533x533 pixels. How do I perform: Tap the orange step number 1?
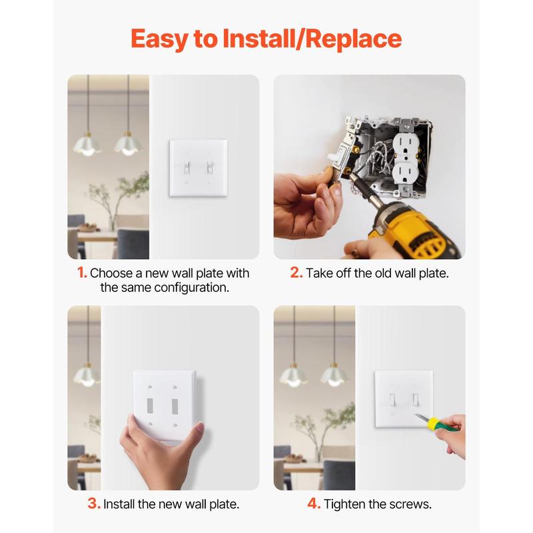point(82,272)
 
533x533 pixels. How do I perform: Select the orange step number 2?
point(296,272)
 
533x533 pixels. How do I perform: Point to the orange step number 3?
point(94,504)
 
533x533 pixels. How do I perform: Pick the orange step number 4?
point(314,504)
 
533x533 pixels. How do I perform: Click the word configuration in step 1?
point(192,288)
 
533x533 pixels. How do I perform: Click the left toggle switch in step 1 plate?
point(187,167)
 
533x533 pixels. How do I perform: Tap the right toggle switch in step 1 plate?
point(209,167)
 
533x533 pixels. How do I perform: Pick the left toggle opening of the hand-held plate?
point(150,406)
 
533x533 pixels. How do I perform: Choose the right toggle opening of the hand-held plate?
point(175,406)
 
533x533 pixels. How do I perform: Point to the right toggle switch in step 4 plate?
point(415,399)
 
